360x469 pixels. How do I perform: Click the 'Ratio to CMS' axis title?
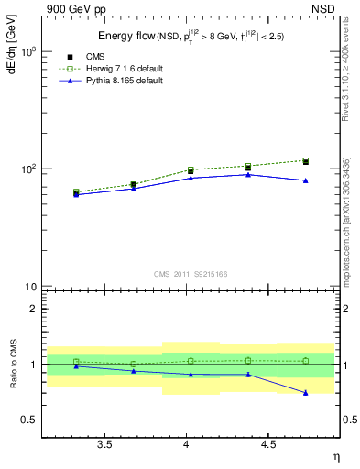12,364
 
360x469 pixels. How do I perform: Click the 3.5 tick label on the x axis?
104,445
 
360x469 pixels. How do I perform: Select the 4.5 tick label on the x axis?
268,445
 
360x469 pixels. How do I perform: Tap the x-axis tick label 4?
187,445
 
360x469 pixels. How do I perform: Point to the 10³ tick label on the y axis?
27,51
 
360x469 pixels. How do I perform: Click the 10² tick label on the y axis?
27,169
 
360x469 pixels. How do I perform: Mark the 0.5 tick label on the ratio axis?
28,420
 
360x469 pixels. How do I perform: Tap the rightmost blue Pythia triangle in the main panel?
306,180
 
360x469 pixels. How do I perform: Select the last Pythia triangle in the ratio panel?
306,393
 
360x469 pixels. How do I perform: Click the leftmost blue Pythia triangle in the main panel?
76,194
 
